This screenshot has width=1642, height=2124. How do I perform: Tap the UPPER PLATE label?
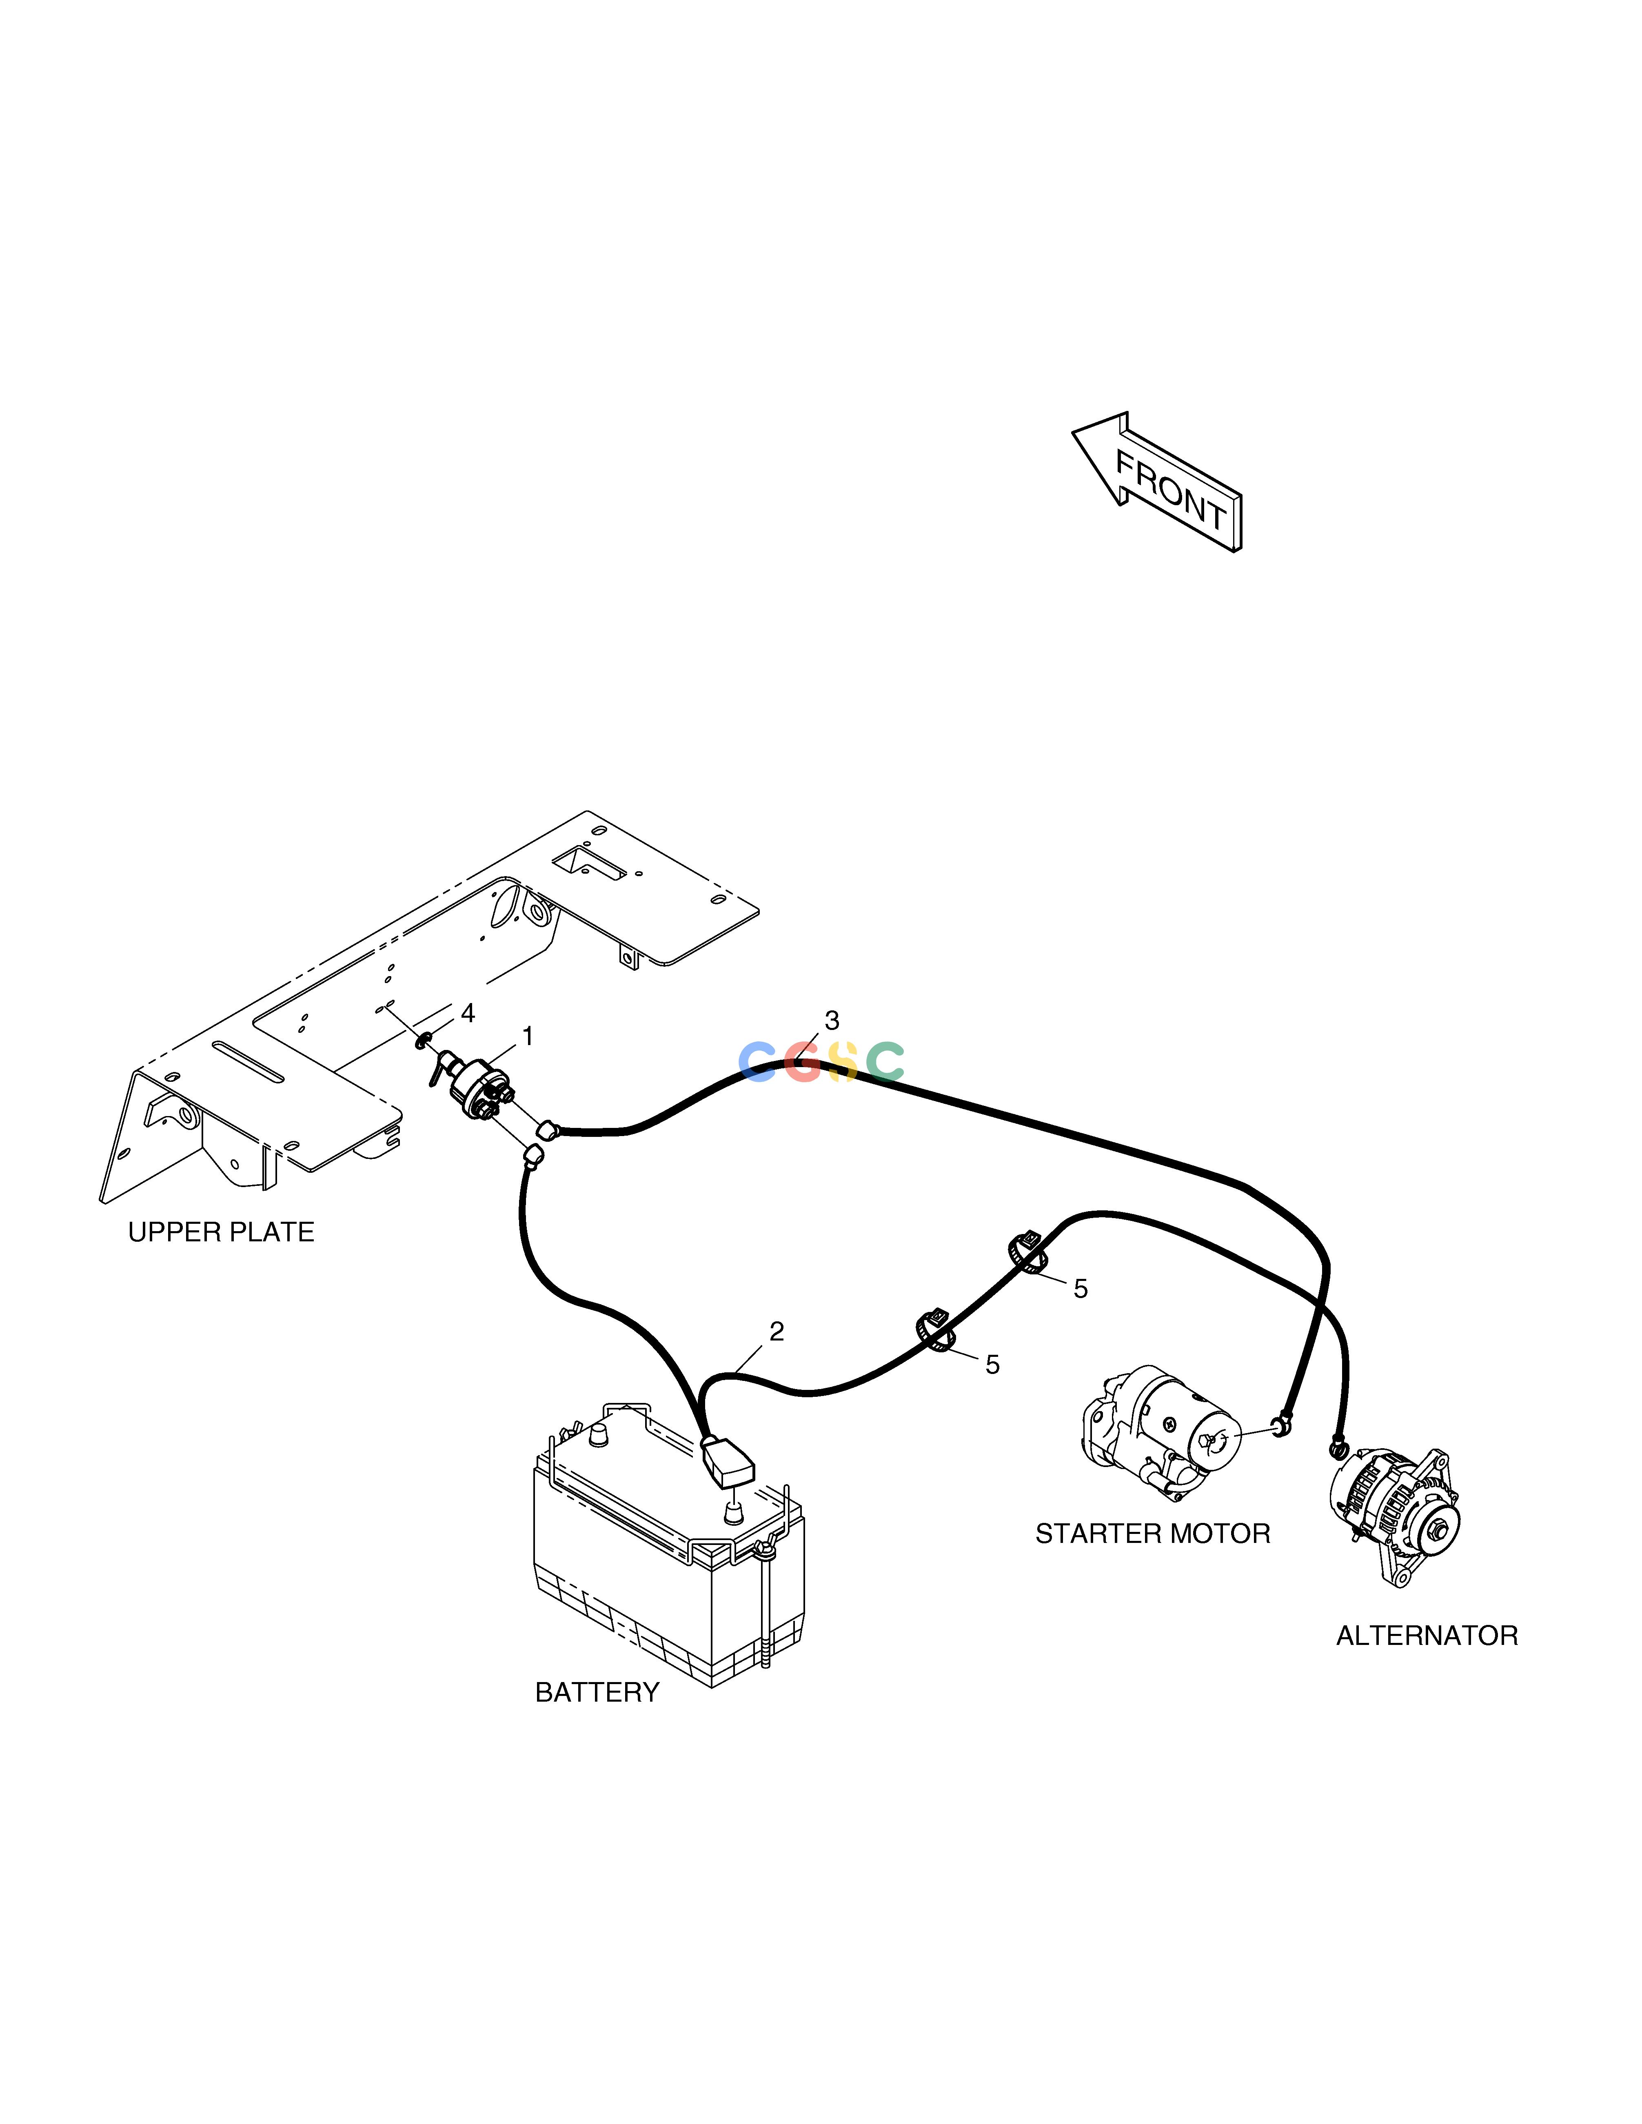pyautogui.click(x=221, y=1232)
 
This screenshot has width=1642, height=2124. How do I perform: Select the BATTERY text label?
pyautogui.click(x=597, y=1692)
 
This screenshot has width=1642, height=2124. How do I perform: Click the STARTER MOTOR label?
pyautogui.click(x=1153, y=1534)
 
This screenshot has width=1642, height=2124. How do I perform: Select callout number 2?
pyautogui.click(x=776, y=1332)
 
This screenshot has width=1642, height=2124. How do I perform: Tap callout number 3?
pyautogui.click(x=832, y=1020)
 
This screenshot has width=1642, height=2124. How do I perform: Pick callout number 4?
pyautogui.click(x=468, y=1013)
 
